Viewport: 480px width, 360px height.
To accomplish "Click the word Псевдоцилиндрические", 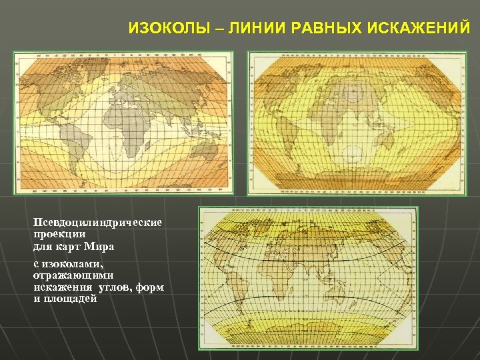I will pos(100,222).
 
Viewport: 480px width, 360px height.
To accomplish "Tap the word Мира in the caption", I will pos(100,247).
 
